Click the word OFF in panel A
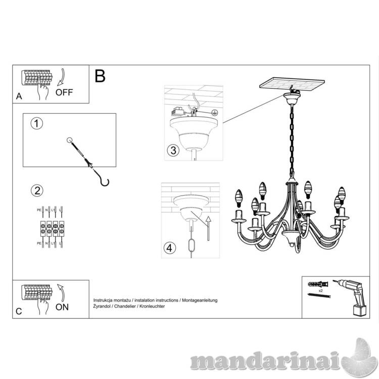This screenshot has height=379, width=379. point(64,92)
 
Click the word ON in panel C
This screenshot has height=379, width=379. point(62,307)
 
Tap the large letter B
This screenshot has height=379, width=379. point(100,76)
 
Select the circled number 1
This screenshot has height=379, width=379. point(36,124)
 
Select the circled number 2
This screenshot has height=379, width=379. point(36,191)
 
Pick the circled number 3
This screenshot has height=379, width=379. point(173,150)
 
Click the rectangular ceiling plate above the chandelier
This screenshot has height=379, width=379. point(293,84)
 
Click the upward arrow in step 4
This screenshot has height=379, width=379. point(207,226)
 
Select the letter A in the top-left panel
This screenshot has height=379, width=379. point(19,97)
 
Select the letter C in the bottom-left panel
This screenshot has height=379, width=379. point(19,311)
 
